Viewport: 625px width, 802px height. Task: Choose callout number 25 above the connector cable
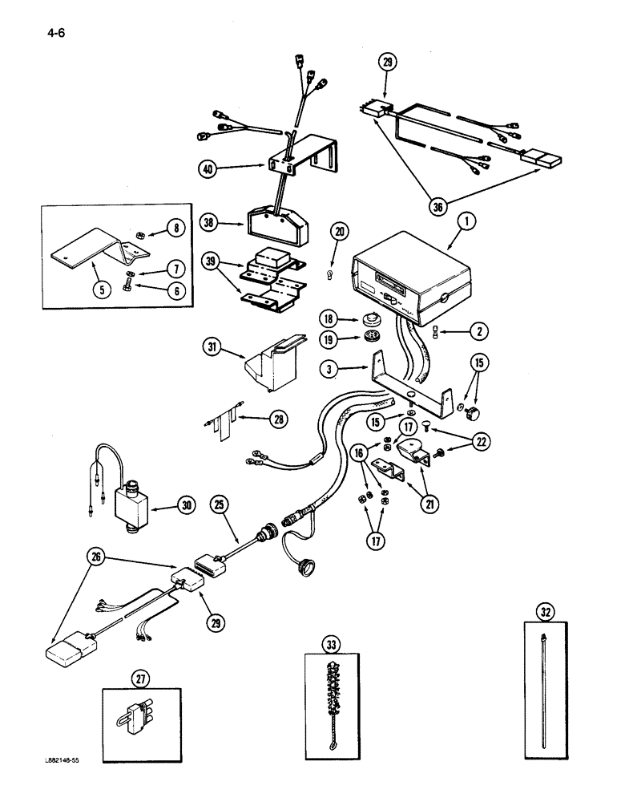tap(220, 504)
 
